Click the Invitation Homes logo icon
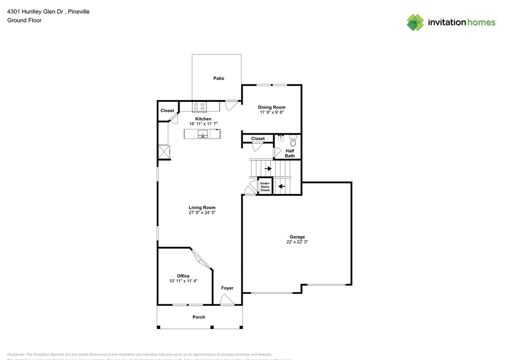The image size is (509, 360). (415, 22)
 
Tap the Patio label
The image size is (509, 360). (219, 78)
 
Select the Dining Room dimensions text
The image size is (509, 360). (272, 113)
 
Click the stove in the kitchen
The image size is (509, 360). (200, 107)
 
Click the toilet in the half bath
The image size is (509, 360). (293, 140)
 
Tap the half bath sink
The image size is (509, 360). (281, 138)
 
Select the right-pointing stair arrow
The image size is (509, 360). (268, 169)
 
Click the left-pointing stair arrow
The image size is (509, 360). (282, 186)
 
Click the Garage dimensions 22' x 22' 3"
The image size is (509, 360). (297, 242)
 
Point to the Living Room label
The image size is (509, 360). (202, 207)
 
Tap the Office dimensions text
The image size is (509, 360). (183, 281)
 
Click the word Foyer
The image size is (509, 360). (227, 288)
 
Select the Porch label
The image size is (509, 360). (199, 317)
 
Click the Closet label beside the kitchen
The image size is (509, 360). (167, 111)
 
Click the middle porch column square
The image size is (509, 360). (212, 327)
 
